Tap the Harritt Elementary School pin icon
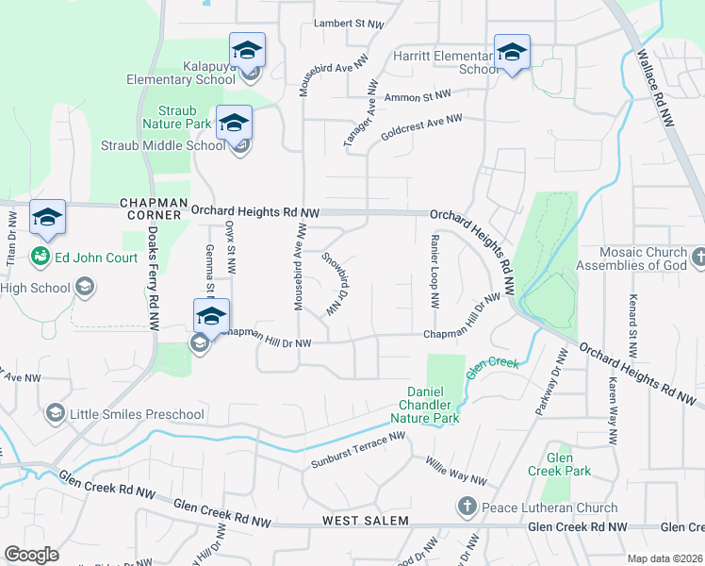tap(512, 52)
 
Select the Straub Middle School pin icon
tap(234, 123)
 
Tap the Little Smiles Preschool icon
tap(56, 413)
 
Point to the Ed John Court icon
tap(41, 256)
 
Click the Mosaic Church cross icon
tap(697, 256)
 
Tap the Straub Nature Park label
tap(176, 117)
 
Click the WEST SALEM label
tap(365, 521)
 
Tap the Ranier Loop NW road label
tap(434, 272)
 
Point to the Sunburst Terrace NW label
tap(357, 451)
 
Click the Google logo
tap(31, 555)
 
